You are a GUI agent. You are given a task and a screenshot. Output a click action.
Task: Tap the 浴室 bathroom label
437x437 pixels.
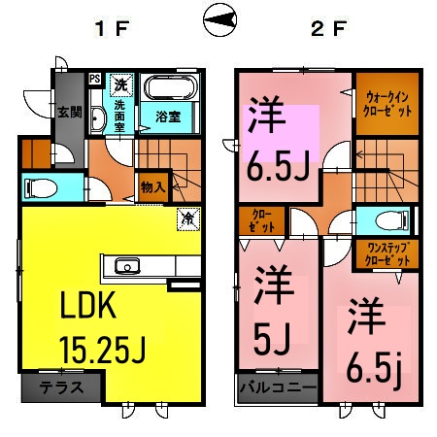[x=169, y=118]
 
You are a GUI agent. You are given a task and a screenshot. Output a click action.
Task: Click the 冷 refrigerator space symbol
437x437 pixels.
[x=186, y=219]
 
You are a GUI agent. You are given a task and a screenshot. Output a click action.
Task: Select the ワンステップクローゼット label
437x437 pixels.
[x=387, y=253]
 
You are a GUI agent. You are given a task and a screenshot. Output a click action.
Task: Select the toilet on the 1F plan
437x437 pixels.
[x=42, y=185]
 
